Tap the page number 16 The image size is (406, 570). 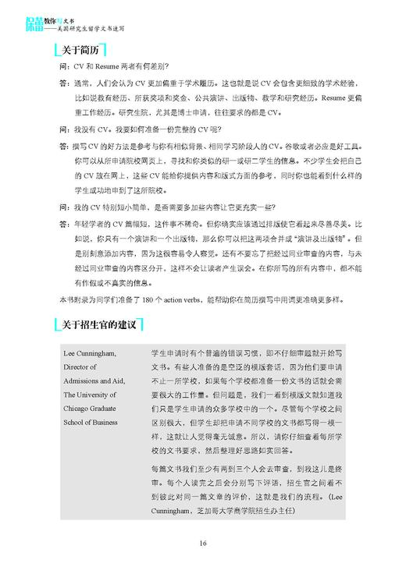203,543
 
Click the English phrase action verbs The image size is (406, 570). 188,300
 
